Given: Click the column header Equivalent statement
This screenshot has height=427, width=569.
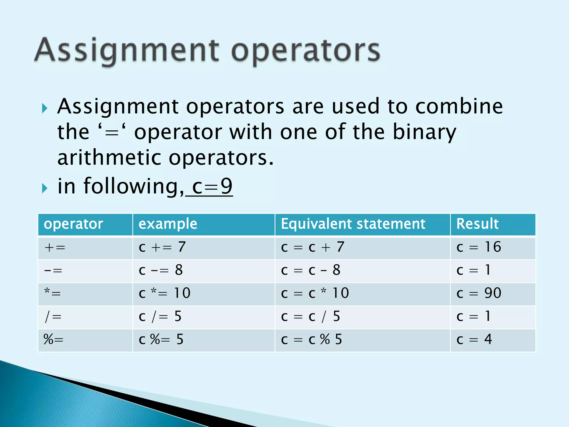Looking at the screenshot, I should (353, 224).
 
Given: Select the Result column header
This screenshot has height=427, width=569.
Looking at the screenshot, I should (477, 224).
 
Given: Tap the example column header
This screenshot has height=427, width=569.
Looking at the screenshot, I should (168, 224).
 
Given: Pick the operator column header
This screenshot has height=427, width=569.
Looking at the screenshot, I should (73, 224).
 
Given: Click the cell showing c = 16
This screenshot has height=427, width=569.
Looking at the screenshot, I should (479, 247).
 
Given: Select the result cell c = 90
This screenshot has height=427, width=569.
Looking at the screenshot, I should (479, 293).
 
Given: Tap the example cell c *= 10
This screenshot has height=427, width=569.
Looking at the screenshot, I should (164, 293).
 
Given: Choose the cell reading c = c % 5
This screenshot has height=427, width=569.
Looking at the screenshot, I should (311, 340).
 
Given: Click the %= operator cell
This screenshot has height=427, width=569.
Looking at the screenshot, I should (53, 340).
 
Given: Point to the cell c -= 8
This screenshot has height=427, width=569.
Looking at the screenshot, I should (161, 270).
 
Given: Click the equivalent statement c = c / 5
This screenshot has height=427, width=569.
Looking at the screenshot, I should (310, 317).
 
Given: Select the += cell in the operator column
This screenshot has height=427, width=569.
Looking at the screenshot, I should (55, 247).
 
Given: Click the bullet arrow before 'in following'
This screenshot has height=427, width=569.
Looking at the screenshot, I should (45, 188).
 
